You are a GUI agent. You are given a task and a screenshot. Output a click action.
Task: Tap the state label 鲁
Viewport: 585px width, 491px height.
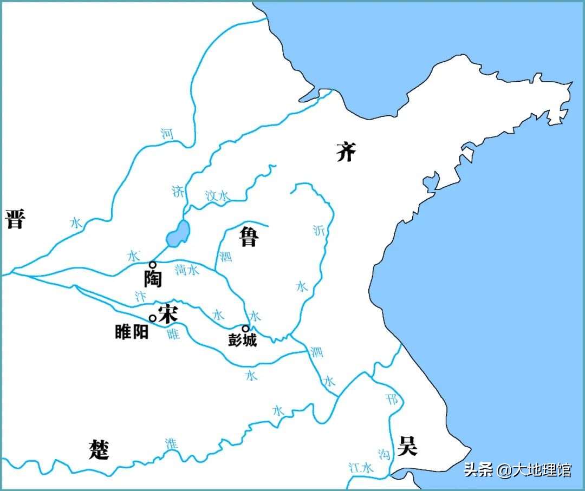249,236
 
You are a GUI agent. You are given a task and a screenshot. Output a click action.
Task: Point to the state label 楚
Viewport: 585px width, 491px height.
99,449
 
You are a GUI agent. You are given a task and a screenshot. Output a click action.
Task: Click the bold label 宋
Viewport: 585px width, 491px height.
167,313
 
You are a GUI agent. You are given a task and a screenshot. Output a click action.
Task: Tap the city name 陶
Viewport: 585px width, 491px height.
153,278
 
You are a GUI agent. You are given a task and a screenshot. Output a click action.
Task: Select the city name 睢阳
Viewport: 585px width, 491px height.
132,332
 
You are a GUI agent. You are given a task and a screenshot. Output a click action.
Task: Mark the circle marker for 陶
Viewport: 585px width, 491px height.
153,265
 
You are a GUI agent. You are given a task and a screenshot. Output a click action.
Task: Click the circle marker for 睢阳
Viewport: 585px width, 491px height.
153,318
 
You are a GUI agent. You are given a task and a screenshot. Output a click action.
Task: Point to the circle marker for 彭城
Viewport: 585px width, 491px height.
245,328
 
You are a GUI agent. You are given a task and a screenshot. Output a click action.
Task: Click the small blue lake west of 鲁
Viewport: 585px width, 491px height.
178,234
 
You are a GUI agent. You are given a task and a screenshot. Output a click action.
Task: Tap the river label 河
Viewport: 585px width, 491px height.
167,133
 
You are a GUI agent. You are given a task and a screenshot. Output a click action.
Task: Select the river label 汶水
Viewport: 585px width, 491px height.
217,196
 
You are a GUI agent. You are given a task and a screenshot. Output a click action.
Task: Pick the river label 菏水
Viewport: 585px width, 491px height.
187,270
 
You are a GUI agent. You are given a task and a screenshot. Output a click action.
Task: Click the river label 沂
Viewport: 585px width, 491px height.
318,230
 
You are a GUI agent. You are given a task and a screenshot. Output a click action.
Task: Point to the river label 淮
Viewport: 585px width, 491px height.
171,443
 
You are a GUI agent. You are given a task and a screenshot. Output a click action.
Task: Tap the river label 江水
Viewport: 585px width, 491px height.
361,468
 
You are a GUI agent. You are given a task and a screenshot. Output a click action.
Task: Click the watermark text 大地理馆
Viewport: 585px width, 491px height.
541,469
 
